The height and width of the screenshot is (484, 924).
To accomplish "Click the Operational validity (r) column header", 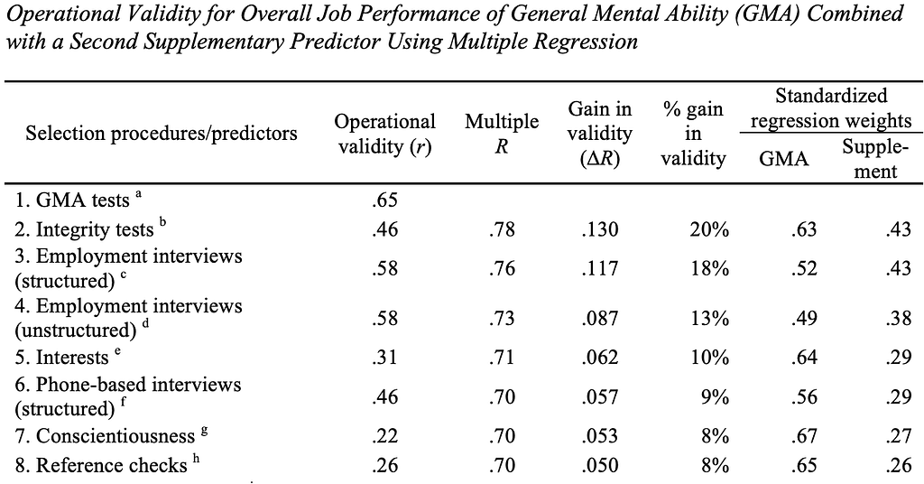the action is [384, 134].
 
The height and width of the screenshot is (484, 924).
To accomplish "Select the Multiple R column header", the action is [502, 134].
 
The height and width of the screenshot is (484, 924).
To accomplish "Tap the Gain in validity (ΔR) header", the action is [599, 134].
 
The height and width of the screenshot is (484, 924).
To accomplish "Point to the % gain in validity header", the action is [693, 134].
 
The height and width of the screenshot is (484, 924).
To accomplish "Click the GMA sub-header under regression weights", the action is [784, 159].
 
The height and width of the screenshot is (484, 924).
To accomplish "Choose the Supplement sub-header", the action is [875, 159].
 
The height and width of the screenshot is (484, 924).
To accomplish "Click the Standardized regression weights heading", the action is [831, 108].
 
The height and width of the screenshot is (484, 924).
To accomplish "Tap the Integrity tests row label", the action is [90, 228].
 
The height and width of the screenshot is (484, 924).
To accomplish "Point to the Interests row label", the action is [68, 357].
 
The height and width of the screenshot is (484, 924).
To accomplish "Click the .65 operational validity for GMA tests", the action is [384, 200].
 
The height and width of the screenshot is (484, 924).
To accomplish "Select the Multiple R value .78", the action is [502, 228].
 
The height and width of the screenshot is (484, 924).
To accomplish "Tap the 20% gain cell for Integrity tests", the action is [709, 228].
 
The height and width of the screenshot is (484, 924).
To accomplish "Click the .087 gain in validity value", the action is [599, 319].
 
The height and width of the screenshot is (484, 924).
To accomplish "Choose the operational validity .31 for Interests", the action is [384, 357].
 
